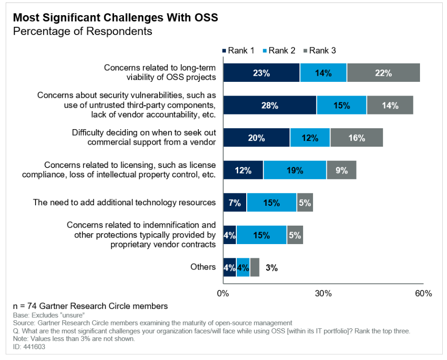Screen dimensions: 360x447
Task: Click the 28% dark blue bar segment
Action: click(269, 105)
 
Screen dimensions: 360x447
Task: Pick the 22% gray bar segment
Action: click(383, 73)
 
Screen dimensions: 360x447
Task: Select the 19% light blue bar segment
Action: click(295, 170)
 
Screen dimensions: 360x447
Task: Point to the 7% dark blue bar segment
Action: click(235, 203)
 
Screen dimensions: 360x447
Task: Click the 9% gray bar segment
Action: click(341, 170)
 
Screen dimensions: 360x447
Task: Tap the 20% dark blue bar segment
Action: click(256, 138)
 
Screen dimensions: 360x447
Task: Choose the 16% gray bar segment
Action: click(356, 138)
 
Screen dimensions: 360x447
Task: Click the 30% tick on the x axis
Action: click(323, 293)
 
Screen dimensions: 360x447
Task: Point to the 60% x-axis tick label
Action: click(423, 293)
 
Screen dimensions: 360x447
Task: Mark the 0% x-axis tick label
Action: click(223, 293)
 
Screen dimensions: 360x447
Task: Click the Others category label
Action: click(203, 267)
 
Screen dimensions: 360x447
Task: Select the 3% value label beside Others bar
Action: click(271, 268)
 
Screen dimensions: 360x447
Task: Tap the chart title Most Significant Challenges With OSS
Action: click(116, 18)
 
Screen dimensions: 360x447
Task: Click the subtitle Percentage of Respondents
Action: click(82, 31)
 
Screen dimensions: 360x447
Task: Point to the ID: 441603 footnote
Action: click(26, 347)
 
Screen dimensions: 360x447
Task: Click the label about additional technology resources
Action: click(125, 202)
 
